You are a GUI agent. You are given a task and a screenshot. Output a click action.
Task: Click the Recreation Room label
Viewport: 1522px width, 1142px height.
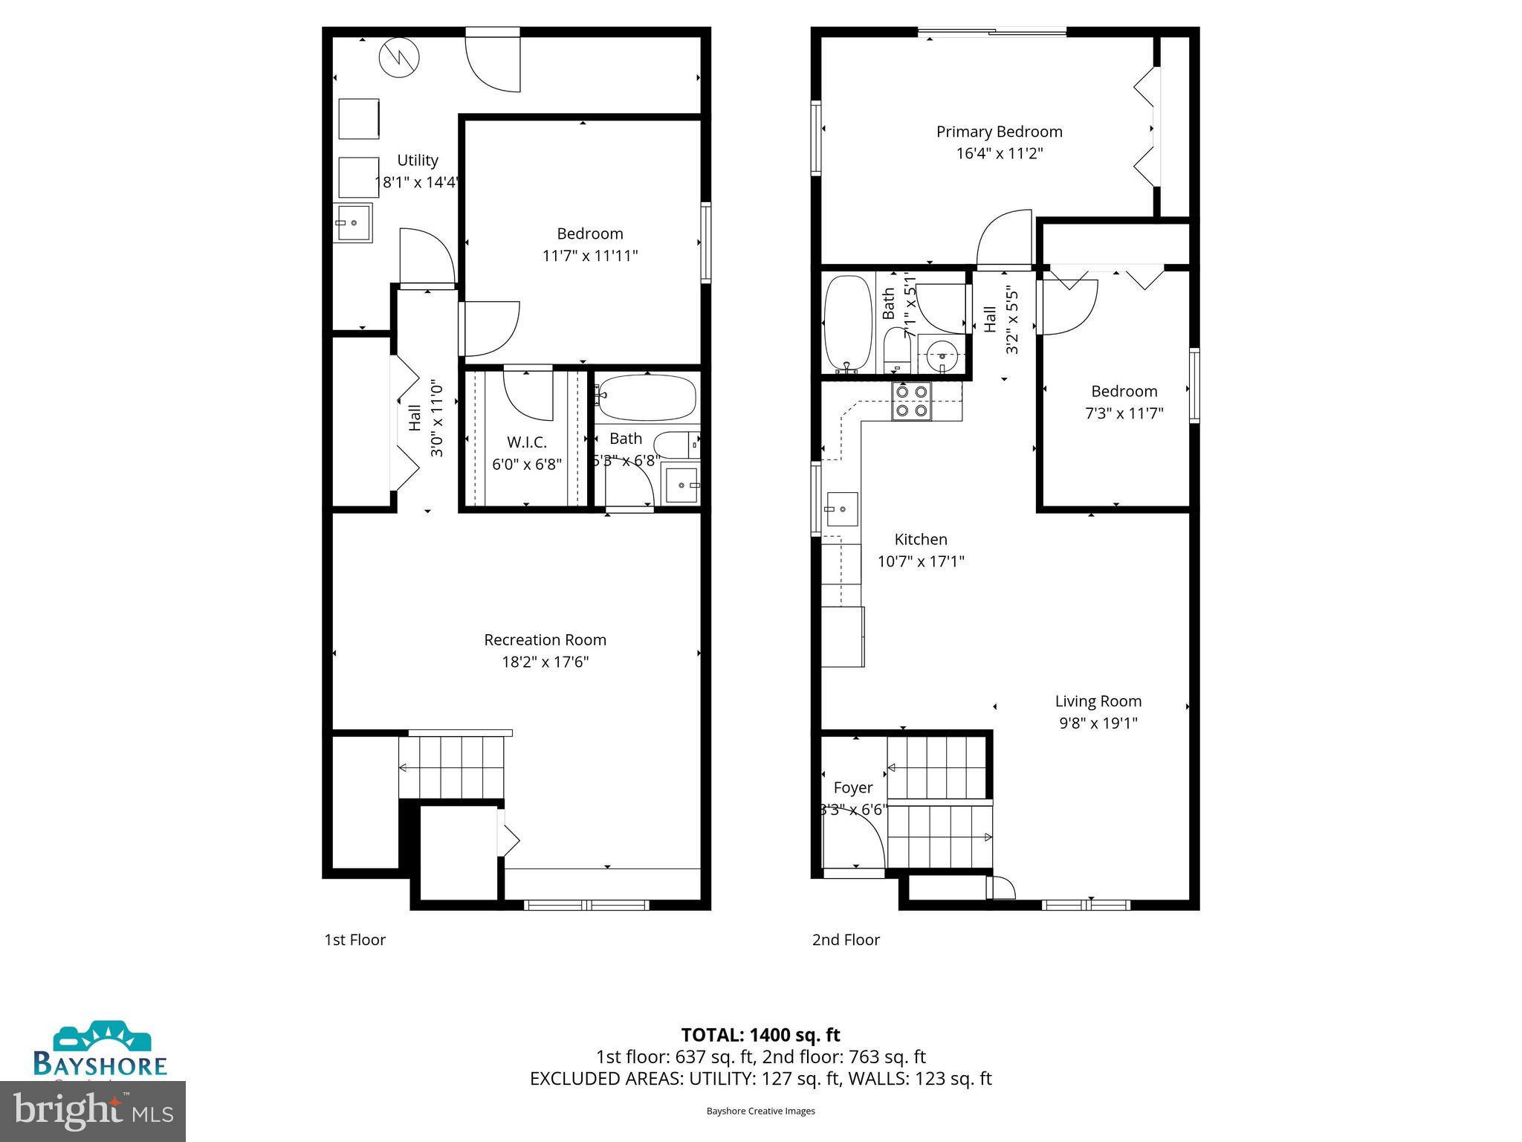(x=545, y=639)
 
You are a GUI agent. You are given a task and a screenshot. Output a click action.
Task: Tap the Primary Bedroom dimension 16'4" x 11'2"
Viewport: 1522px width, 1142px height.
(x=999, y=154)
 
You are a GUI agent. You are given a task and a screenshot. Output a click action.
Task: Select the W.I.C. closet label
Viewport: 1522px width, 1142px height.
(x=526, y=442)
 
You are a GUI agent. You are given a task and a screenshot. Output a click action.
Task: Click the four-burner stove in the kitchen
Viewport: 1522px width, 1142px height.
(x=911, y=401)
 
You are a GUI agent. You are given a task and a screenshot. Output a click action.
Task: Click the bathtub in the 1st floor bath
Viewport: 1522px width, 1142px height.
(x=647, y=397)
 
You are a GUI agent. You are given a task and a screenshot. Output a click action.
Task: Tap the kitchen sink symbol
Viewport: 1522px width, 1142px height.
(x=842, y=509)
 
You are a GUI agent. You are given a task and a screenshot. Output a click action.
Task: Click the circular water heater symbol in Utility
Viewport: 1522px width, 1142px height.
(x=399, y=57)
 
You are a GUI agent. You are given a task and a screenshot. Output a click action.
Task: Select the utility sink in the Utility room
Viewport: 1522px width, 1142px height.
(x=354, y=222)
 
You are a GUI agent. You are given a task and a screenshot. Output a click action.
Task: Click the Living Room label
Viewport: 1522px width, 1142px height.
(x=1098, y=701)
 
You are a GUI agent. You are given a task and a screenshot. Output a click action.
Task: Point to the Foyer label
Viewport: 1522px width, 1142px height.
(x=852, y=787)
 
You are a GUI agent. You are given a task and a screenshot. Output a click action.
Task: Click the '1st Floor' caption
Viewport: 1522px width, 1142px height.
(x=354, y=940)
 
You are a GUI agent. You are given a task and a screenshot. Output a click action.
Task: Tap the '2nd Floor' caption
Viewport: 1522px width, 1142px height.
(x=845, y=940)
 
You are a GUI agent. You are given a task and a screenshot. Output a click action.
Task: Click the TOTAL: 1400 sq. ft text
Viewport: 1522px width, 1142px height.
(x=760, y=1035)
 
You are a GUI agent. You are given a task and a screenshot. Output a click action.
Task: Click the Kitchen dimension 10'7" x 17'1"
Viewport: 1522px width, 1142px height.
(x=920, y=561)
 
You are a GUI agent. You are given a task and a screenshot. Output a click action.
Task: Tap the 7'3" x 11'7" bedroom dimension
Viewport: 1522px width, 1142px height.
(x=1124, y=413)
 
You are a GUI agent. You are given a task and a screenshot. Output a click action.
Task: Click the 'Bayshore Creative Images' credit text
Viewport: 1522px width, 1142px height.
(x=760, y=1111)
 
